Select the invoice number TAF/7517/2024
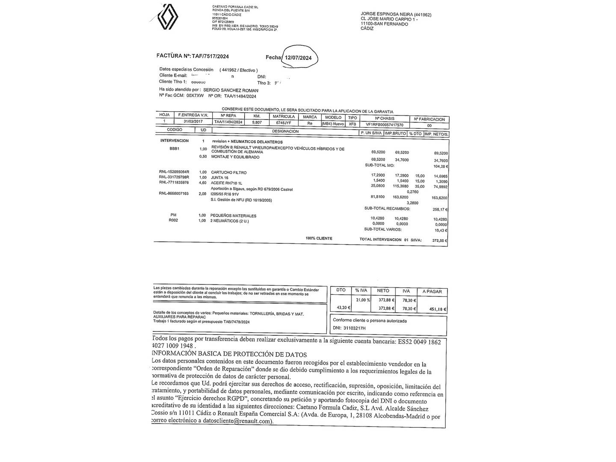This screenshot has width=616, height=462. click(210, 56)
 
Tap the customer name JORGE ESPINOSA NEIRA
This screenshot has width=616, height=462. click(383, 15)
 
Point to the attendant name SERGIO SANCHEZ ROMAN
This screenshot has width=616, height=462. click(231, 90)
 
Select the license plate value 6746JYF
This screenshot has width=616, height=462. click(283, 122)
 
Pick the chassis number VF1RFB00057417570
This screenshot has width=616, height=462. click(385, 124)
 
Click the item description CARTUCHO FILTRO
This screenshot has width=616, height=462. click(229, 172)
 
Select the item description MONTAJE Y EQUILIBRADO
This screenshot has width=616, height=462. click(235, 157)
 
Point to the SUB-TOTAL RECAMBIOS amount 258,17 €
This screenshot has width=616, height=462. click(440, 210)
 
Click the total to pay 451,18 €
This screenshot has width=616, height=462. click(438, 309)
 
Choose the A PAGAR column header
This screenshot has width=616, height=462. click(432, 291)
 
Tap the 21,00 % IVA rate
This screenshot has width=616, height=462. click(363, 300)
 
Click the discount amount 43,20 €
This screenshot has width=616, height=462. click(344, 308)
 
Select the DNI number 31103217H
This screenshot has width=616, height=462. click(355, 329)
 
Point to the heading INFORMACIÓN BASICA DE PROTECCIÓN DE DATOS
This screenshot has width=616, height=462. click(230, 355)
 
